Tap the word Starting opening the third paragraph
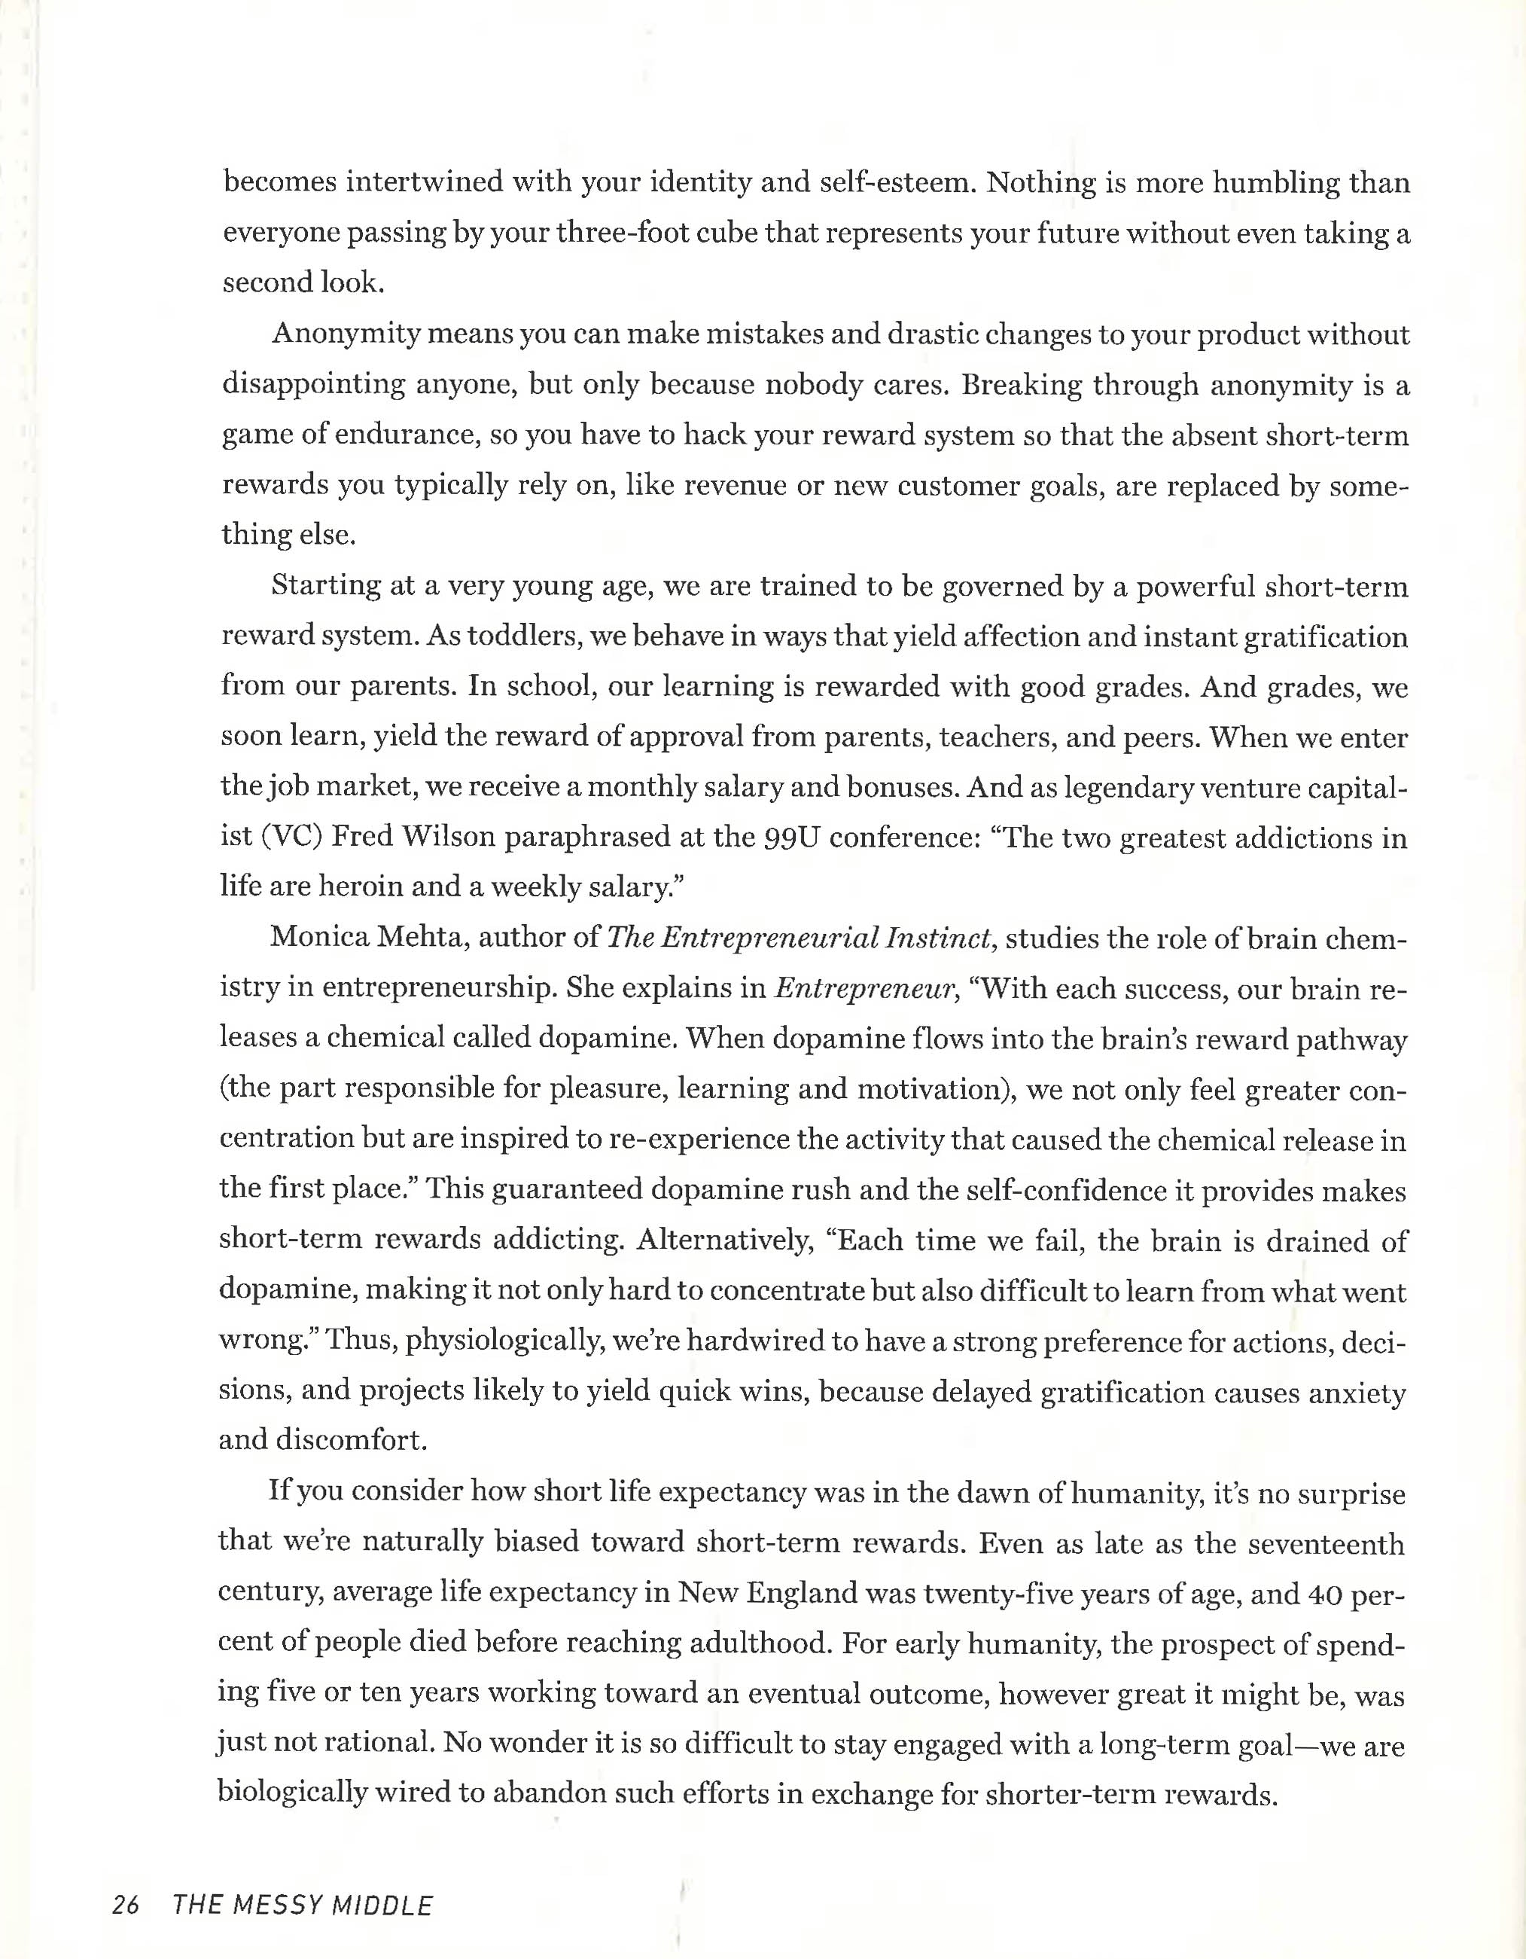point(323,587)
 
